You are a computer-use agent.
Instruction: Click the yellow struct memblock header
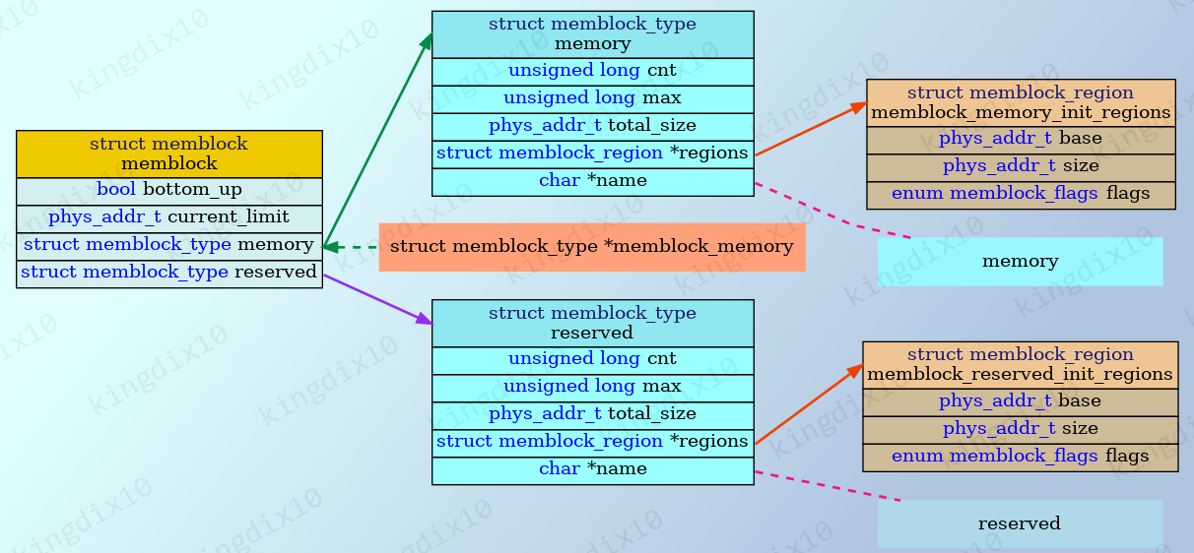(168, 154)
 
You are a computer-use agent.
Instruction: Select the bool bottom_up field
(168, 190)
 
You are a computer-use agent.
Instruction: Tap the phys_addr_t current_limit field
(168, 216)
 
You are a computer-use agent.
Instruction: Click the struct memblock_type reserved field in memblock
(168, 273)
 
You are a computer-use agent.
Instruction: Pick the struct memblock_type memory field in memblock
(168, 245)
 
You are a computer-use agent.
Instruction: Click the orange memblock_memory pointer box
(591, 247)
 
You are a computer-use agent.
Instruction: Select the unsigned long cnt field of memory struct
(592, 71)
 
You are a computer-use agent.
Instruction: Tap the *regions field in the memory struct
(592, 154)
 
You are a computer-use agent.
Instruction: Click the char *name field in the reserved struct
(592, 469)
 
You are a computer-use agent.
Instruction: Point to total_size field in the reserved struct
(592, 414)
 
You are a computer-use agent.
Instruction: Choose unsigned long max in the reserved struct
(592, 387)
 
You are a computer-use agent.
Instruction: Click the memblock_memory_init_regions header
(1020, 102)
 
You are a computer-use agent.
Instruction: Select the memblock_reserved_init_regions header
(1020, 364)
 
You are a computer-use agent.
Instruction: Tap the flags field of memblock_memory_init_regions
(1020, 194)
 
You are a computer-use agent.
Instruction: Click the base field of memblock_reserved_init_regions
(1020, 401)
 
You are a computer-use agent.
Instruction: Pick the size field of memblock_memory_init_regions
(1020, 166)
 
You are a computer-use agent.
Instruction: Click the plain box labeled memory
(1020, 262)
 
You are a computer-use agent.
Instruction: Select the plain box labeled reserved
(1020, 523)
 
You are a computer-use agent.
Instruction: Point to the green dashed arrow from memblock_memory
(353, 247)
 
